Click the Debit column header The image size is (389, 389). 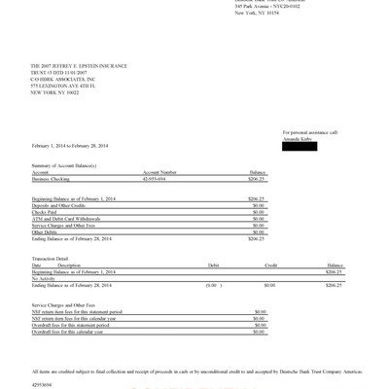[x=213, y=265]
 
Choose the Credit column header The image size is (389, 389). [x=271, y=265]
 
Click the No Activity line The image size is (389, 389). [x=44, y=277]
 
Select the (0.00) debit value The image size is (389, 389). [x=210, y=285]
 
